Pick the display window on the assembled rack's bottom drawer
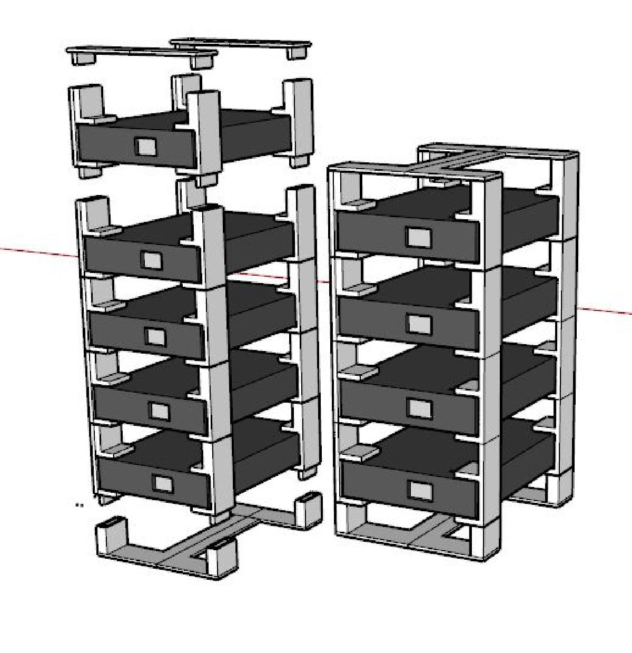click(420, 491)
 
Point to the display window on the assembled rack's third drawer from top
click(420, 407)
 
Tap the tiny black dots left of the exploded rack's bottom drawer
click(79, 505)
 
